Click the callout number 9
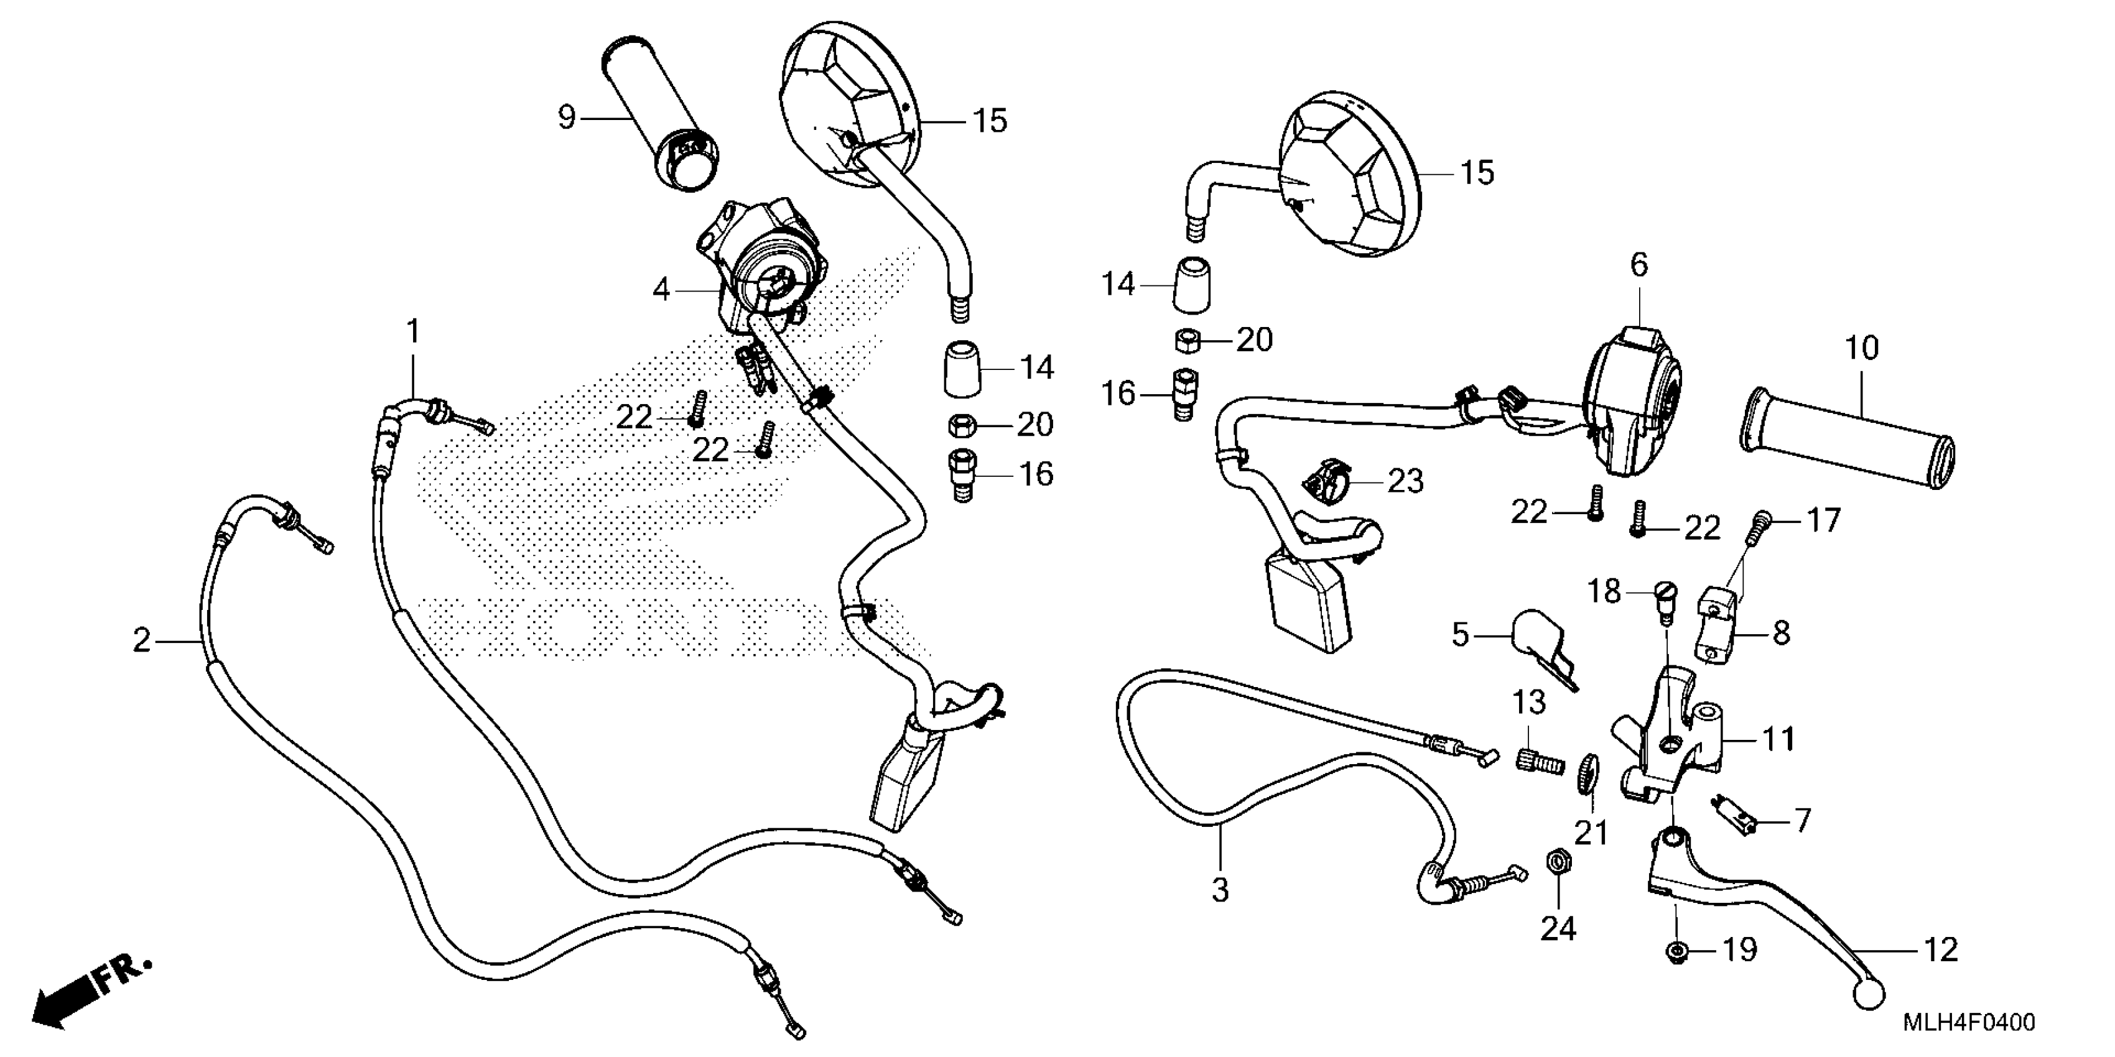(x=567, y=118)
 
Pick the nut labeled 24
(x=1555, y=862)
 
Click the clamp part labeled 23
(x=1324, y=486)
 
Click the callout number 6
(x=1638, y=265)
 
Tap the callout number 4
(x=661, y=289)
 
